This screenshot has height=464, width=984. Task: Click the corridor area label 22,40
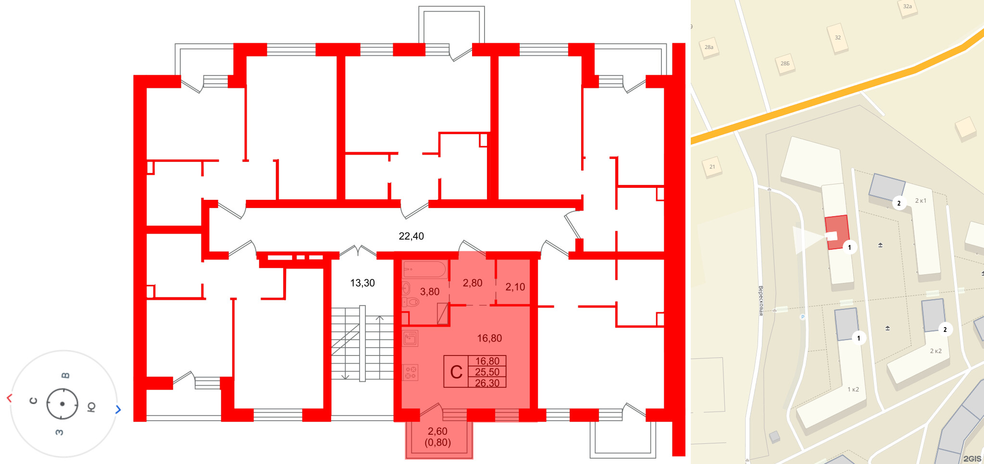411,236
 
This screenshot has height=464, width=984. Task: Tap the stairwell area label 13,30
362,283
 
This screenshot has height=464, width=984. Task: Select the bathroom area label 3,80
430,292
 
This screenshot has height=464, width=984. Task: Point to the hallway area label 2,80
473,283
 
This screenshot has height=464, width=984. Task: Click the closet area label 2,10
515,287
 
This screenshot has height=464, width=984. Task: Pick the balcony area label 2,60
437,431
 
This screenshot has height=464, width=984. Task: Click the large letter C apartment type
456,372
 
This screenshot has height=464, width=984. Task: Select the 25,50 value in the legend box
487,372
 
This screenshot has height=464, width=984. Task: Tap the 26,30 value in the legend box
487,383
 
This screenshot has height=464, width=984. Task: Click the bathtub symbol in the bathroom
424,269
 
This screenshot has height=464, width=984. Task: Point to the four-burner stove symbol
410,372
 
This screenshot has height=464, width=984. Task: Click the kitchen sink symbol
410,338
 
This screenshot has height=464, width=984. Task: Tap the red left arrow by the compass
9,398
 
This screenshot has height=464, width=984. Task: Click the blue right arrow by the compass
118,409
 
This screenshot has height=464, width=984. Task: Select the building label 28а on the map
709,47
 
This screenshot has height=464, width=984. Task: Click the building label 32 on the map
838,37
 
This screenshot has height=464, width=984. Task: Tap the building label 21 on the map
712,167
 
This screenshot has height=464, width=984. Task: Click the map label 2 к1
921,201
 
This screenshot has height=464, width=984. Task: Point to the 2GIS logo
972,459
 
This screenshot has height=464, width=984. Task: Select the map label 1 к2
853,389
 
